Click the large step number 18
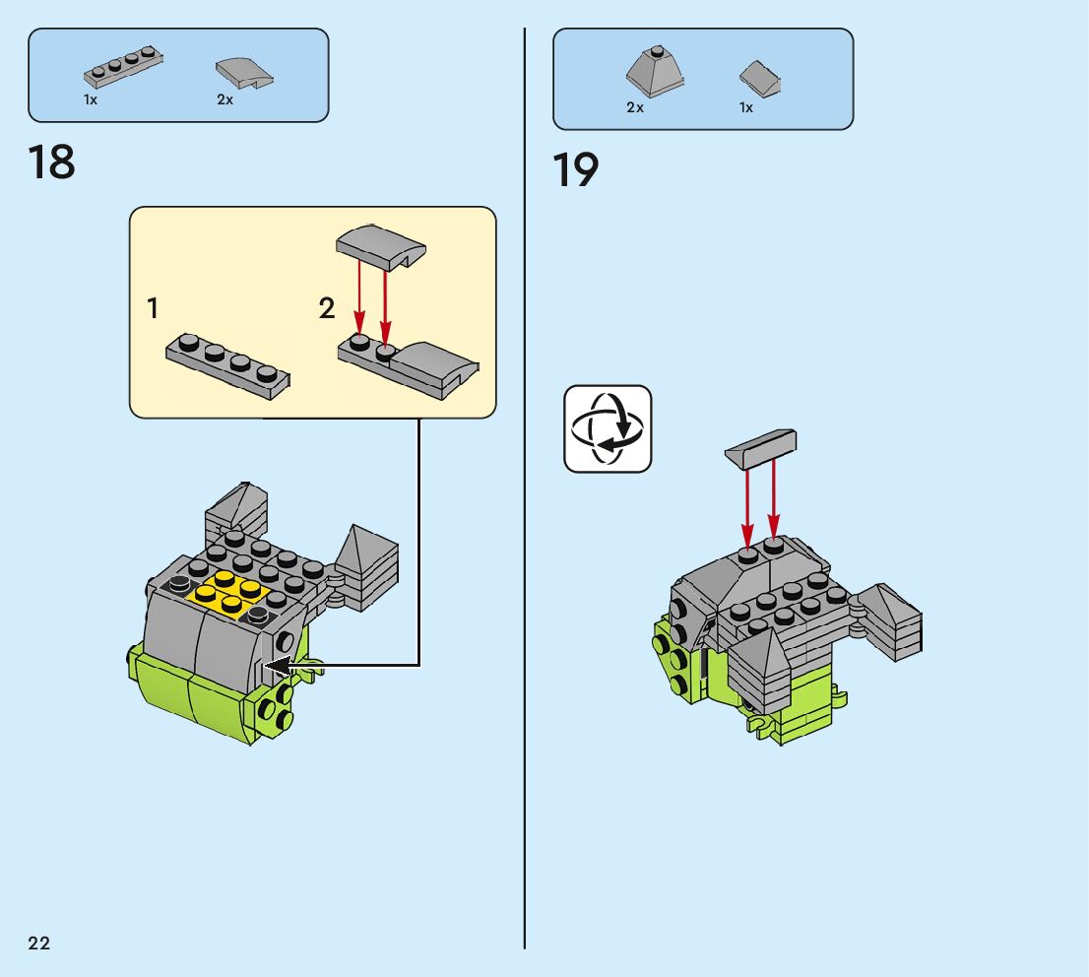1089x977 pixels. [x=52, y=162]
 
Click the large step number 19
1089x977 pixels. [x=576, y=169]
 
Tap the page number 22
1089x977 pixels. [x=39, y=944]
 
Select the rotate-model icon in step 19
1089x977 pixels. [x=608, y=428]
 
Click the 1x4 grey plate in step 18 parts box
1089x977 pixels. [x=123, y=65]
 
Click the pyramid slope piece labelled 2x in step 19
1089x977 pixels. [x=655, y=71]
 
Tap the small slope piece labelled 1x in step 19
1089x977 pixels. [x=760, y=78]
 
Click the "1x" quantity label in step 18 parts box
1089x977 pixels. [x=91, y=100]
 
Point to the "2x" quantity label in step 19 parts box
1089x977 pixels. [x=635, y=107]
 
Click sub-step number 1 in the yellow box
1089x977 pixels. [x=153, y=308]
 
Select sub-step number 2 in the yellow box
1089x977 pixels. [x=327, y=308]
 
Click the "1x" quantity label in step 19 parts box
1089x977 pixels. [x=746, y=107]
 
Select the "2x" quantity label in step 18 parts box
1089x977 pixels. [x=225, y=100]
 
